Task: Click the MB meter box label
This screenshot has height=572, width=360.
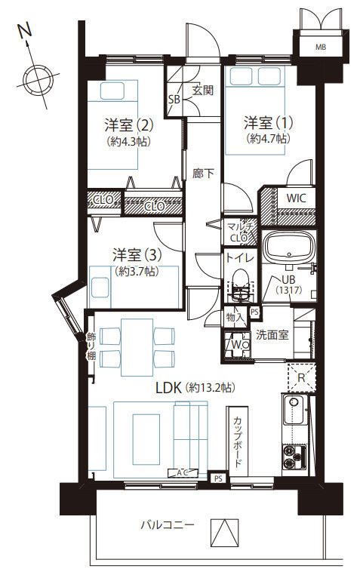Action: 321,47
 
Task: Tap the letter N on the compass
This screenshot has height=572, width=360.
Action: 25,32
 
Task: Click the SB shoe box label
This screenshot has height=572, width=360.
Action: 174,99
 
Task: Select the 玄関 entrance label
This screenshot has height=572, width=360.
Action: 203,90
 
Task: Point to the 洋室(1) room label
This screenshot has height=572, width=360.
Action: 268,123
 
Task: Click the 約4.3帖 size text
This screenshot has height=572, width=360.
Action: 129,141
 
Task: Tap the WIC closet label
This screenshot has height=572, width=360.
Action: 296,198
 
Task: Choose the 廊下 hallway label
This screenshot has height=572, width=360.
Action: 203,174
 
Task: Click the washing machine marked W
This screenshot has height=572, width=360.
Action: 237,344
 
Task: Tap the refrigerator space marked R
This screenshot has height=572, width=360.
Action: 301,377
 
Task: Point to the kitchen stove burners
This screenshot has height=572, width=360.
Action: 294,457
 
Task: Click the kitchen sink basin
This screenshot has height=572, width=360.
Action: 294,411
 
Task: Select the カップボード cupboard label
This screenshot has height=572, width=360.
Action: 238,441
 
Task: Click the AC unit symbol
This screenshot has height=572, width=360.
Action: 183,473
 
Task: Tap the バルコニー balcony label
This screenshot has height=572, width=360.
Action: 168,525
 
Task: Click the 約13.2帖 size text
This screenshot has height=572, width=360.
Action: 211,387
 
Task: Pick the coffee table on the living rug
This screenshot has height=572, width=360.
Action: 146,439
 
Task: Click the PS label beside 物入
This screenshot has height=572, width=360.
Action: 254,312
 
